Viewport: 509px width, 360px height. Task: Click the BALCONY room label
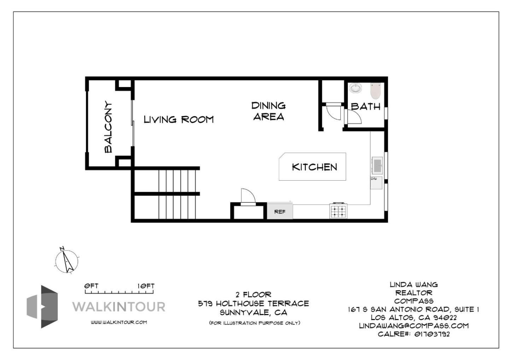tap(108, 127)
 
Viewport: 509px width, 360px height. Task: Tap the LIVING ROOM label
tap(179, 120)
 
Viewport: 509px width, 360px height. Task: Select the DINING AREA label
tap(269, 111)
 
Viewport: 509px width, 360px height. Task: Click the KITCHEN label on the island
tap(314, 167)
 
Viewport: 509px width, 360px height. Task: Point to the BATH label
tap(365, 106)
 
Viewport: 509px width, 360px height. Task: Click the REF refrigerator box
tap(280, 211)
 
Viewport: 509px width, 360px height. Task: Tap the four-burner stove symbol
tap(338, 211)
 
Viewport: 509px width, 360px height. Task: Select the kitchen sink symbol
tap(377, 165)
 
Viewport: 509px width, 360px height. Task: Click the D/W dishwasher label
tap(374, 179)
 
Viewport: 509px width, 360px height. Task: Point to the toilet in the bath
tap(375, 91)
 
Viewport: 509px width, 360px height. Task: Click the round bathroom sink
tap(355, 88)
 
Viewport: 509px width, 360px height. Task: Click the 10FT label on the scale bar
tap(146, 286)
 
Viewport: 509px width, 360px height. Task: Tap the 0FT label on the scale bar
tap(91, 286)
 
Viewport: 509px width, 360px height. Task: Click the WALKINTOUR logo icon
tap(42, 307)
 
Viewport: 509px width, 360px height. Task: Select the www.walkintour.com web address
tap(119, 322)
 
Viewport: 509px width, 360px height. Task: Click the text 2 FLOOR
tap(253, 294)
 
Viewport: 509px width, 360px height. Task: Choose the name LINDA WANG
tap(414, 284)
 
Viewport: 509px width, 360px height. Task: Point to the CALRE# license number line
tap(414, 334)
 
